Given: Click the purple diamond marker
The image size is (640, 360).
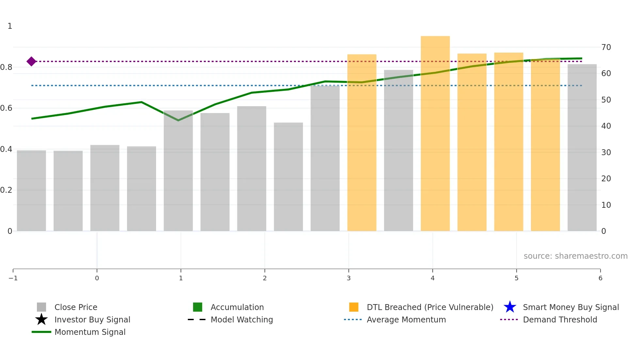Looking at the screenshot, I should [x=31, y=61].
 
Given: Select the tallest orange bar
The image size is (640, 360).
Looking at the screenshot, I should [x=435, y=134].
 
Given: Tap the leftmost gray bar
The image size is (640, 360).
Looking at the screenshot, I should [x=31, y=191].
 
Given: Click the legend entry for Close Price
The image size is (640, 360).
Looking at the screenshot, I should [x=75, y=307].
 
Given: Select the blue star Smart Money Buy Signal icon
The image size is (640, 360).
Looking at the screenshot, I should [x=510, y=307].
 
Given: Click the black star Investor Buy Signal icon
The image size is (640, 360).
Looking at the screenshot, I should [x=41, y=319].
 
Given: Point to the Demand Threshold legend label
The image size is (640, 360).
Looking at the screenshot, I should [x=560, y=319].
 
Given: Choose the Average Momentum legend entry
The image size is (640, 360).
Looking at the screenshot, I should [x=406, y=319].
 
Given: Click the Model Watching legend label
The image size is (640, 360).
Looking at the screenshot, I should [x=242, y=319].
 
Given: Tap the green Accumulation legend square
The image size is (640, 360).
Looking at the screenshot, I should [x=198, y=307].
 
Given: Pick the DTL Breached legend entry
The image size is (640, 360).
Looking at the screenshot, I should [x=430, y=307].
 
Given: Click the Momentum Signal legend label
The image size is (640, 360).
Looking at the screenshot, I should [x=90, y=332].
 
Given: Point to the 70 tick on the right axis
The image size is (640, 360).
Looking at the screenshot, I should [x=606, y=47].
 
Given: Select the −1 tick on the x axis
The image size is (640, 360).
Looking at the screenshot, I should [x=13, y=278].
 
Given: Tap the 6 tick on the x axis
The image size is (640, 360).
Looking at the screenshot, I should [x=600, y=278].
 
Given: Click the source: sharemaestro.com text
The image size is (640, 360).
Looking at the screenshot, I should [x=575, y=256].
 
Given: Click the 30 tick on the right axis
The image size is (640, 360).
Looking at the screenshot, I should [x=606, y=153].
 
